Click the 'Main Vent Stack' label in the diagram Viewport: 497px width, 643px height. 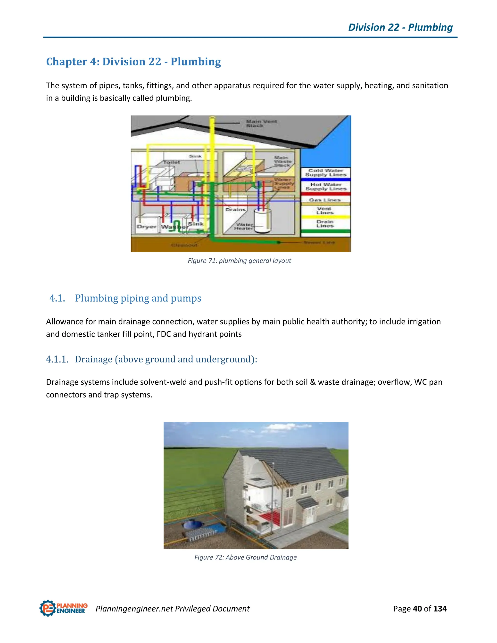tap(261, 123)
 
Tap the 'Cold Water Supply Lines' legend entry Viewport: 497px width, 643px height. tap(326, 173)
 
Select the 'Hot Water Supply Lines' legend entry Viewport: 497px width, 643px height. tap(326, 187)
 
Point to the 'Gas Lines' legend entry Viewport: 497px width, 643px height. tap(325, 200)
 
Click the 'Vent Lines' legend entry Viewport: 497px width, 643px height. tap(325, 211)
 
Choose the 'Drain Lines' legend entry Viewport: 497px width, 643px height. tap(325, 224)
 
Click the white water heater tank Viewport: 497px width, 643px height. tap(262, 221)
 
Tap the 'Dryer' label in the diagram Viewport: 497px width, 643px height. tap(146, 227)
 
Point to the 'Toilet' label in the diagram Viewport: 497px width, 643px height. tap(172, 162)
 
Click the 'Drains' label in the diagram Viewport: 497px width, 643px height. tap(236, 210)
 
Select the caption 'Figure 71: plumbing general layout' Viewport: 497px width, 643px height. tap(239, 261)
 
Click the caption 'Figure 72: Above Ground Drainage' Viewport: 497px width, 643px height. tap(245, 557)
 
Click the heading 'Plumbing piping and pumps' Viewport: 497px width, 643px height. tap(138, 298)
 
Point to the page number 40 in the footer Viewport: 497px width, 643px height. tap(417, 609)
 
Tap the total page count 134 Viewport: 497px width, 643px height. tap(440, 609)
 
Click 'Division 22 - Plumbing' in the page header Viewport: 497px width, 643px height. tap(400, 27)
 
